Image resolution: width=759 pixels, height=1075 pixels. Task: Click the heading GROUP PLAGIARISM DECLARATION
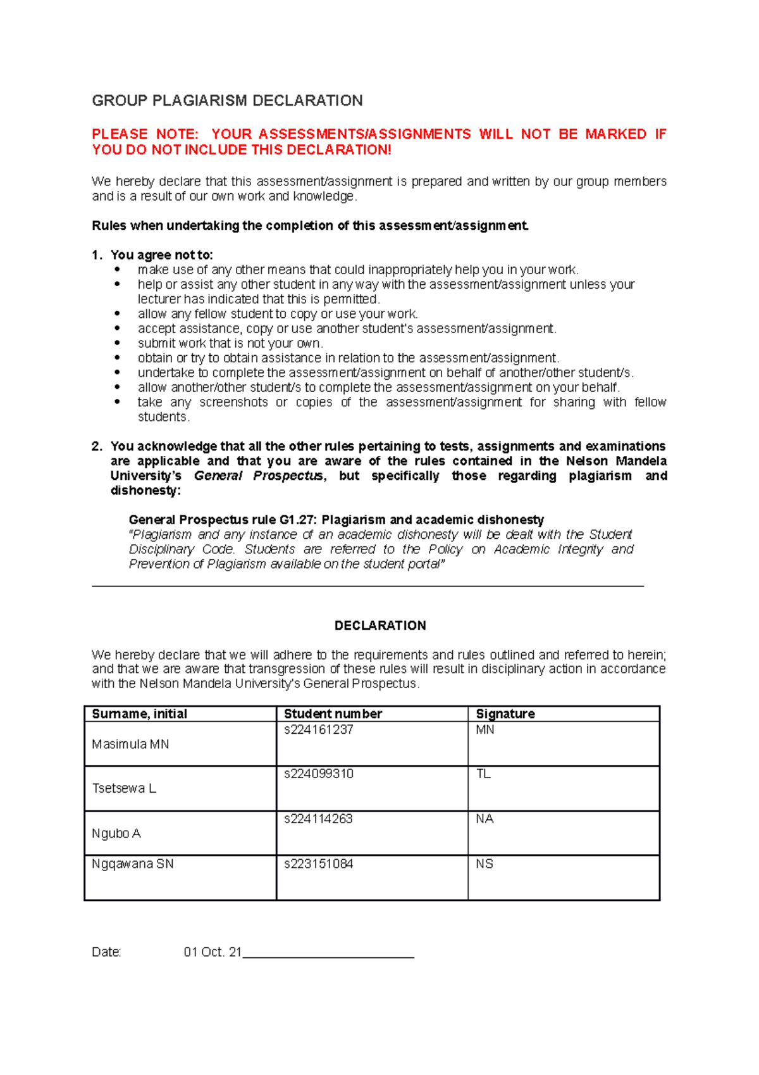pyautogui.click(x=227, y=101)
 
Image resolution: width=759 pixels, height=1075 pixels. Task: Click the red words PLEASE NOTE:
pyautogui.click(x=145, y=134)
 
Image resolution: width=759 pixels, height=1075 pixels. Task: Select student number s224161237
pyautogui.click(x=318, y=730)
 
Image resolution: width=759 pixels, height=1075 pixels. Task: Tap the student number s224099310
pyautogui.click(x=318, y=774)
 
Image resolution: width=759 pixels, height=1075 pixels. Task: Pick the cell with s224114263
pyautogui.click(x=318, y=819)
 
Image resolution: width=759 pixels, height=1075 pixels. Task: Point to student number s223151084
pyautogui.click(x=318, y=864)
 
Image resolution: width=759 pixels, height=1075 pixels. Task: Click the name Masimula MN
pyautogui.click(x=130, y=745)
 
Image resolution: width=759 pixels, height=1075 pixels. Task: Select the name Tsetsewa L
pyautogui.click(x=124, y=789)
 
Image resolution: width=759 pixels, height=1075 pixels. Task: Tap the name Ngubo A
pyautogui.click(x=116, y=834)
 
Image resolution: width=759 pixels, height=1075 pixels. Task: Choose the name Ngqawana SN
pyautogui.click(x=133, y=864)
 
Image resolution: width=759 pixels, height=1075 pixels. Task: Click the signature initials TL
pyautogui.click(x=483, y=774)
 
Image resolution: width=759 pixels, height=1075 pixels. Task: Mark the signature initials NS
pyautogui.click(x=484, y=864)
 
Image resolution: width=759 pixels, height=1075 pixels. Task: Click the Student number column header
pyautogui.click(x=333, y=714)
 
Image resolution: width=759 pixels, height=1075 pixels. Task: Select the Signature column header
pyautogui.click(x=505, y=714)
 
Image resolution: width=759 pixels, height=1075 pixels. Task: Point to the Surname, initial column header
pyautogui.click(x=139, y=714)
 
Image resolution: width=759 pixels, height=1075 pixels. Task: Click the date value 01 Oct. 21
pyautogui.click(x=213, y=952)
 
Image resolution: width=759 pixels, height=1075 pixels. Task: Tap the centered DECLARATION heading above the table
pyautogui.click(x=380, y=626)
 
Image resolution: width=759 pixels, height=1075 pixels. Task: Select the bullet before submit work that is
pyautogui.click(x=117, y=343)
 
